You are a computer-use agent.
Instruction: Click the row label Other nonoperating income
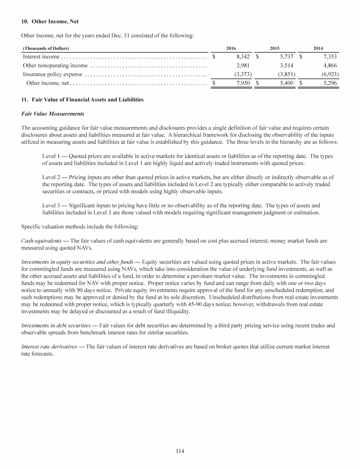55,66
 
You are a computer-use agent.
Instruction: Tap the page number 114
180,451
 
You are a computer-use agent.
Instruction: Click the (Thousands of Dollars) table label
46,48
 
